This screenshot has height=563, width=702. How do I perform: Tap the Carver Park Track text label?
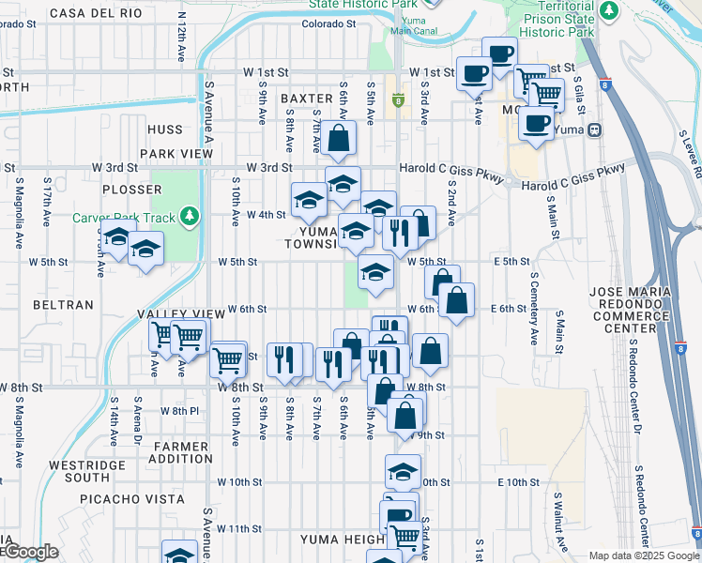click(x=124, y=218)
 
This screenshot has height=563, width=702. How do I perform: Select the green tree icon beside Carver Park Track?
click(x=191, y=218)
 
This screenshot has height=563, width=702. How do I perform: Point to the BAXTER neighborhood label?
click(x=306, y=98)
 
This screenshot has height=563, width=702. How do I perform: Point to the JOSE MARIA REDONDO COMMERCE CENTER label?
click(x=636, y=311)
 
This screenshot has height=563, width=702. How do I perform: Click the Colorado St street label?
click(x=331, y=24)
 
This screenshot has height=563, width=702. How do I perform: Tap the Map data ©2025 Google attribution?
click(x=643, y=555)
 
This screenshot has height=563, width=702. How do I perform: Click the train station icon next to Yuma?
click(x=595, y=129)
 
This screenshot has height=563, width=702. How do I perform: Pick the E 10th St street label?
click(x=518, y=482)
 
